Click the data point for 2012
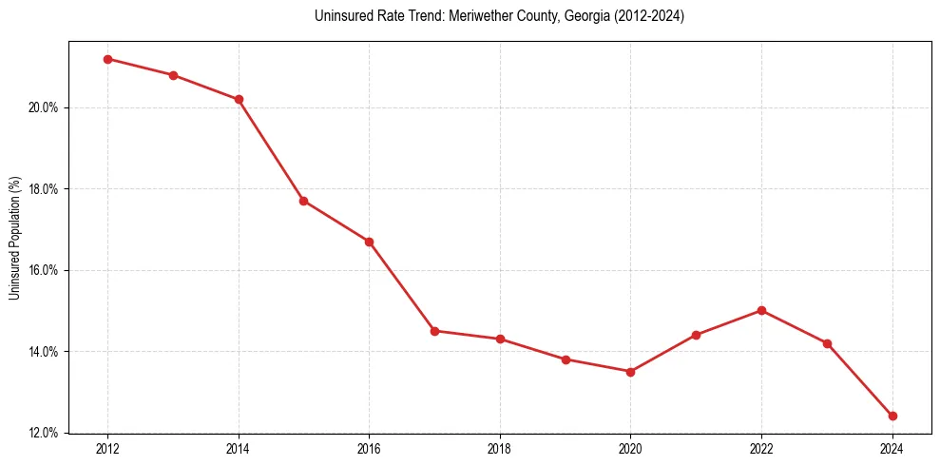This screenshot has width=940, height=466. coord(107,59)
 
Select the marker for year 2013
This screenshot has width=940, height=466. coord(173,75)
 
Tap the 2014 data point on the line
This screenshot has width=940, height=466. coord(239,99)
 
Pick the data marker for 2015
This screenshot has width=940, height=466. coord(303,201)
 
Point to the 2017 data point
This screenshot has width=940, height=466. coord(434,331)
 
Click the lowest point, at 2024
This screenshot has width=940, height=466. coord(892,416)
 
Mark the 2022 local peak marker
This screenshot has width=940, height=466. coord(761,310)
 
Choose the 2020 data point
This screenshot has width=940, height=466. coord(630,372)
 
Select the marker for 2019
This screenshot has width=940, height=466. coord(566,359)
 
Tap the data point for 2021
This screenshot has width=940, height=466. coord(696,335)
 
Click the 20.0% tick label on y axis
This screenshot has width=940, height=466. coord(46,107)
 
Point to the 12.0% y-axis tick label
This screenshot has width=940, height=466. coord(46,434)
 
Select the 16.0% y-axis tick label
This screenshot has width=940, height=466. coord(46,270)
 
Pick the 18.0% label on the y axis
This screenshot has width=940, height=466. coord(46,189)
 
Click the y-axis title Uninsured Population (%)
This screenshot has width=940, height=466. coord(14,238)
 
